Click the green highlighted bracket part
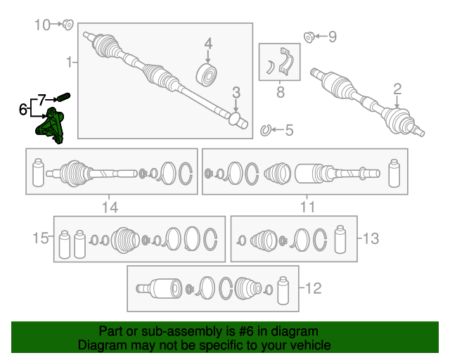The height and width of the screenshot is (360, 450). pos(50,126)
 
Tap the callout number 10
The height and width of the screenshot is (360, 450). pos(42,25)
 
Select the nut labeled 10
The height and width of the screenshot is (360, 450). pos(68,25)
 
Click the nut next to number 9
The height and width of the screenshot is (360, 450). pos(309,37)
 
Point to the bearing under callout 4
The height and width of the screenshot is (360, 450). pos(206,75)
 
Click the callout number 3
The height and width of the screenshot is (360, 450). pos(236,92)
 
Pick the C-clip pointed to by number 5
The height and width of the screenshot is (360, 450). pos(266,130)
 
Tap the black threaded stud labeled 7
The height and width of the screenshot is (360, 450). pos(64,97)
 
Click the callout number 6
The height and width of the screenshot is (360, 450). pos(22,110)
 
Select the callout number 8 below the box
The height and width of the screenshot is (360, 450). pos(281,92)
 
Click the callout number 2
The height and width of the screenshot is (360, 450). pos(397,89)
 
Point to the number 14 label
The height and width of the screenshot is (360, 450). pos(110,207)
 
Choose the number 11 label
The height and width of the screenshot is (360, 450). pos(307,207)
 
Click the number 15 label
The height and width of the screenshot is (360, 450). pos(41,238)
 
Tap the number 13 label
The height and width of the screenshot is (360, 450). pos(371,238)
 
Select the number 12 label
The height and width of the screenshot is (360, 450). pos(314,288)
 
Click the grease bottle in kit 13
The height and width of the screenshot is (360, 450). pos(340,240)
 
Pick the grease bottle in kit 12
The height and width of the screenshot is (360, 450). pos(283,290)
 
